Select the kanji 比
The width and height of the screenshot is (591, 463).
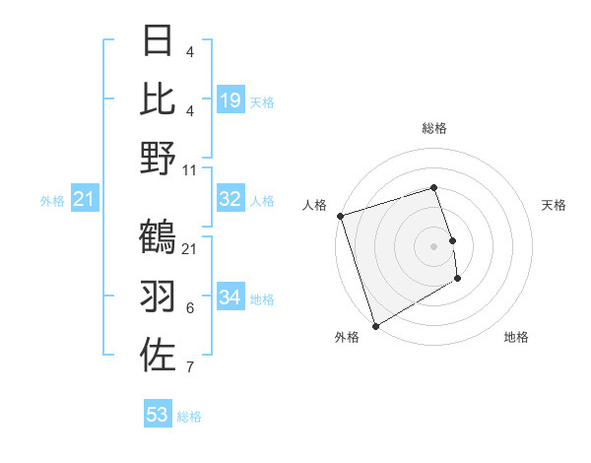159,99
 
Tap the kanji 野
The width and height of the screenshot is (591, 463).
159,158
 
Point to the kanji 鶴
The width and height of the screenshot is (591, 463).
159,236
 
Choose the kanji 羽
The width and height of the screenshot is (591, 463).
159,296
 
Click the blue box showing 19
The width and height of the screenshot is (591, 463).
230,100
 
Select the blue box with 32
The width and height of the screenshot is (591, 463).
230,199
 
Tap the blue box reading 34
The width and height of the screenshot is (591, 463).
230,298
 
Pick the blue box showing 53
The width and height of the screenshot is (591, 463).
158,415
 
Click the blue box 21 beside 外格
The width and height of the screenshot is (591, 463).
85,200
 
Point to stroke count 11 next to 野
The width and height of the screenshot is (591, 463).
190,169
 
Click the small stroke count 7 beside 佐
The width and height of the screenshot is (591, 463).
190,367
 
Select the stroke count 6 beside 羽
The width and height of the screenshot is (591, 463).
190,308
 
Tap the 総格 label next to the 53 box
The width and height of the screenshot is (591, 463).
189,417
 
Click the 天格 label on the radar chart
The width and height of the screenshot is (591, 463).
554,205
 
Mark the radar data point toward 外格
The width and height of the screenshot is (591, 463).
375,326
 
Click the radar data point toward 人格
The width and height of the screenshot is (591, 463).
340,216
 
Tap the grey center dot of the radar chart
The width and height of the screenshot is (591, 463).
434,246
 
